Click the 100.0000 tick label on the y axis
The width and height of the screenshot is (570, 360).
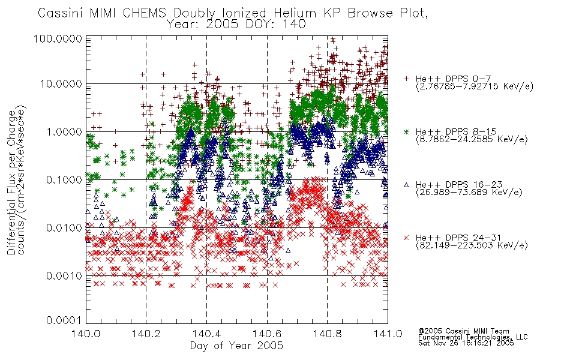pos(58,38)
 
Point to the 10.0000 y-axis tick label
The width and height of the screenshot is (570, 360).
pos(61,84)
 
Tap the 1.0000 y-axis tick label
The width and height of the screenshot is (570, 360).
pos(64,132)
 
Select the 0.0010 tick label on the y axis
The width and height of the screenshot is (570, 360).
pos(64,276)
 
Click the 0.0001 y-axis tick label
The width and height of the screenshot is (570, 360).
pos(64,320)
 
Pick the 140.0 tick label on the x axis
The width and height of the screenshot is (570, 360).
pos(86,334)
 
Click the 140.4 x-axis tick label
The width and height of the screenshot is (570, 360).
pos(207,334)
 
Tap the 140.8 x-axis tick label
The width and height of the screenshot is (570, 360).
pos(328,334)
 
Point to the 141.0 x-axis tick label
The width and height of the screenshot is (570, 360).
pos(388,334)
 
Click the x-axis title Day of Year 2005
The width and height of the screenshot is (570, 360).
pos(236,346)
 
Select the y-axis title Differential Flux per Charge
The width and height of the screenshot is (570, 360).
pos(11,182)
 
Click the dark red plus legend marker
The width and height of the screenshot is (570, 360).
pos(407,79)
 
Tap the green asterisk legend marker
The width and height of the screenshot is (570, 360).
pos(407,131)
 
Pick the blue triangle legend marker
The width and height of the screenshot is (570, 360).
pos(407,185)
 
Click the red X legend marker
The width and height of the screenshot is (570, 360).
pos(407,238)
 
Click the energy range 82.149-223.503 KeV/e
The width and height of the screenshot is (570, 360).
pos(472,245)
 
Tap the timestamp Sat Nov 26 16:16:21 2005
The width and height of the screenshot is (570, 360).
pos(466,343)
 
